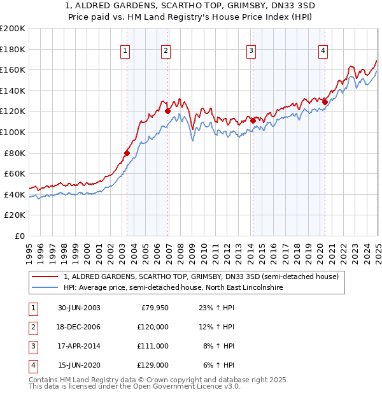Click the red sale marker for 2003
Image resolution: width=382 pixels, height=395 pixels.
(127, 153)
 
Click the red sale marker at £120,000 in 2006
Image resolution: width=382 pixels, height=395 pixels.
(168, 111)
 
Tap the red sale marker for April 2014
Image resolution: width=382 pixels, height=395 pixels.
(253, 120)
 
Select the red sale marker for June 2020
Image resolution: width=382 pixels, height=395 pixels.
(325, 101)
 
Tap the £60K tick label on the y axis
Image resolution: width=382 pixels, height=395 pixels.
(15, 173)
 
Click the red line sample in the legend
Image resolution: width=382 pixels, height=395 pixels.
(45, 276)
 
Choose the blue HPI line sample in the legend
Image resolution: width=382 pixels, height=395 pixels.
(45, 288)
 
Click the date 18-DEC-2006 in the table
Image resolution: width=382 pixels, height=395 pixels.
(79, 327)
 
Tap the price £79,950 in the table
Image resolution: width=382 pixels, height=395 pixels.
(154, 308)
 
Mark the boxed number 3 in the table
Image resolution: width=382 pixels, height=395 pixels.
(32, 346)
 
